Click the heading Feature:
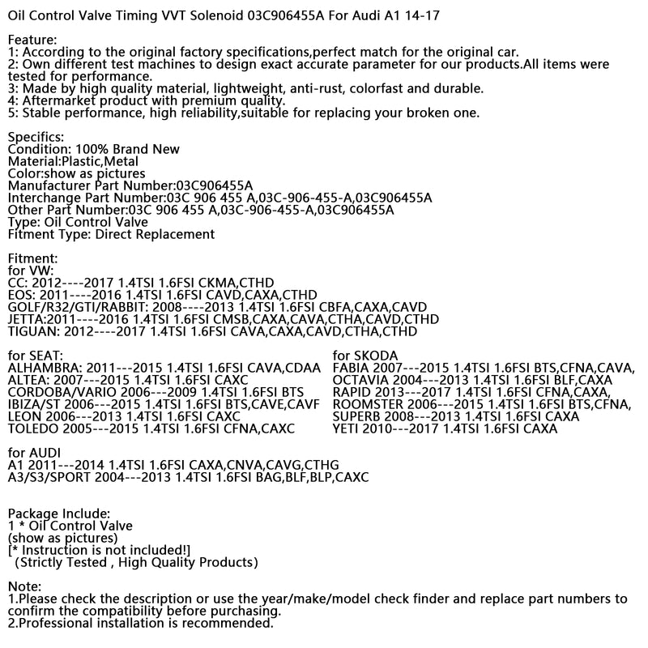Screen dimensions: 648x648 tap(32, 40)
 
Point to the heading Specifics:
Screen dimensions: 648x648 tap(36, 137)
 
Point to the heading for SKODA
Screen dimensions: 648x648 tap(365, 356)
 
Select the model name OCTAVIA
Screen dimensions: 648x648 tap(361, 380)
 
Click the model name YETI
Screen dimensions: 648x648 tap(349, 428)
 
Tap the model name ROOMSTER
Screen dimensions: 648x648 tap(369, 404)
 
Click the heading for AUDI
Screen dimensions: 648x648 tap(35, 453)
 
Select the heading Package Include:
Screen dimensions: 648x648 tap(58, 514)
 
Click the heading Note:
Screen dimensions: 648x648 tap(24, 586)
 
